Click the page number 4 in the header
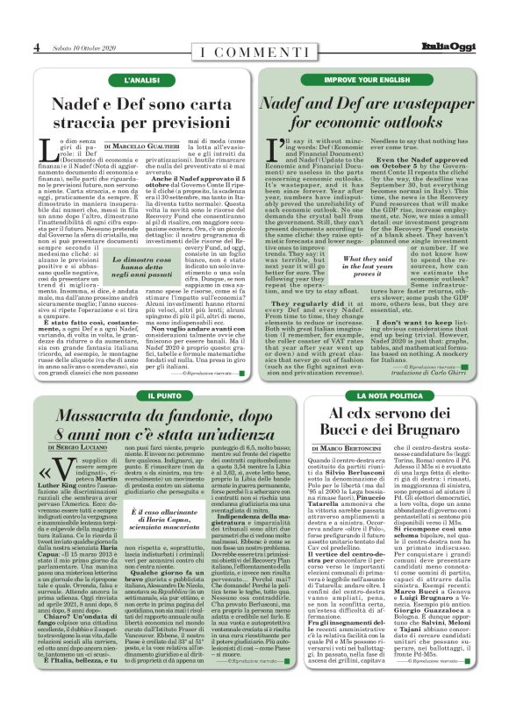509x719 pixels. click(x=37, y=46)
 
